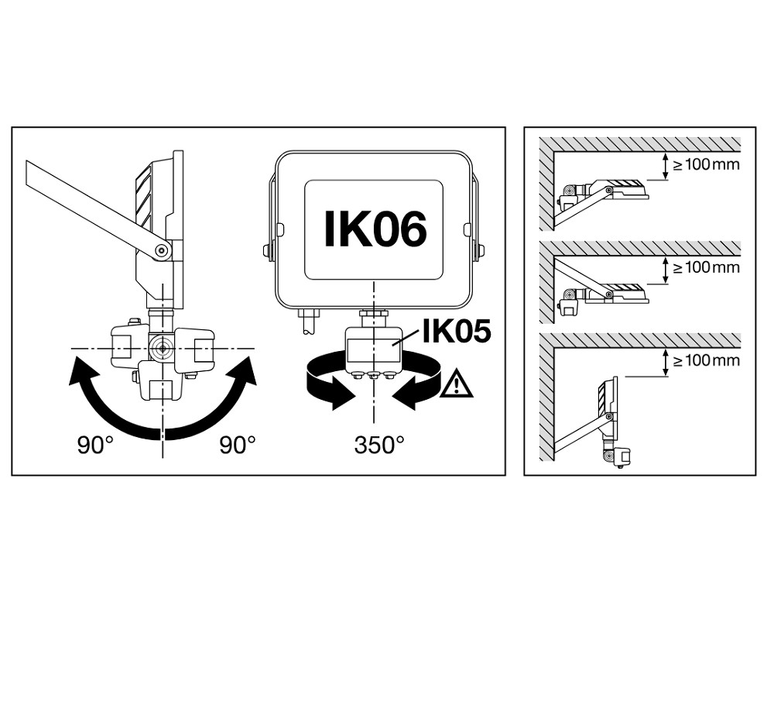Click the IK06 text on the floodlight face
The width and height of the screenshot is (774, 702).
pyautogui.click(x=375, y=229)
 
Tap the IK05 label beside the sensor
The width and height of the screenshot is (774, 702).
pyautogui.click(x=456, y=332)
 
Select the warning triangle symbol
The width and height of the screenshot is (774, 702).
pyautogui.click(x=456, y=384)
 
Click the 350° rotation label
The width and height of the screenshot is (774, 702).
pyautogui.click(x=379, y=445)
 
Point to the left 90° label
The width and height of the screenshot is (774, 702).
pyautogui.click(x=95, y=445)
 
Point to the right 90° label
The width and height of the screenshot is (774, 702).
pyautogui.click(x=237, y=445)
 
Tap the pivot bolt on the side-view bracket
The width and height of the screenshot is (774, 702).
pyautogui.click(x=162, y=249)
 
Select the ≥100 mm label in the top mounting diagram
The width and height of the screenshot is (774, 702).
pyautogui.click(x=706, y=164)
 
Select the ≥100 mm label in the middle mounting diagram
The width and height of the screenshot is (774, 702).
pyautogui.click(x=706, y=267)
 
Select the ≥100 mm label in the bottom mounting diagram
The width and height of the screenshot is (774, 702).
pyautogui.click(x=706, y=361)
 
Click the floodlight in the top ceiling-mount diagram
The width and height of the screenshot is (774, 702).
pyautogui.click(x=615, y=188)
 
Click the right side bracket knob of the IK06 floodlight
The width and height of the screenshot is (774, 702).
pyautogui.click(x=481, y=250)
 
